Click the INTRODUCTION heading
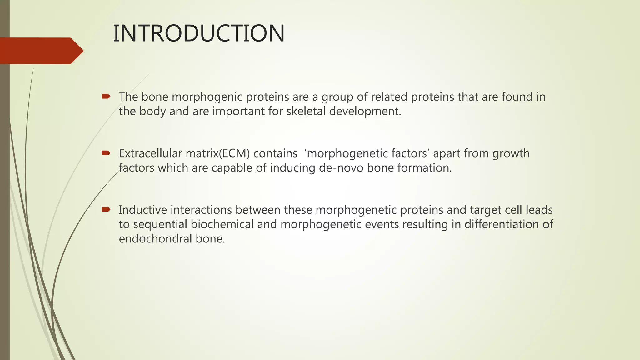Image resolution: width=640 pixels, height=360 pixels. coord(198,34)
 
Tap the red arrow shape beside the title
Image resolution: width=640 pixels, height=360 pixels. coord(41,51)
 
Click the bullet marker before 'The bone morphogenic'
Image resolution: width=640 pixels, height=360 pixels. coord(106,97)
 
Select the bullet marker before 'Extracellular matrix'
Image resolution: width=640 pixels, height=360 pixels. coord(106,153)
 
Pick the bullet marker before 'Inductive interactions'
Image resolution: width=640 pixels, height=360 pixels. coord(106,210)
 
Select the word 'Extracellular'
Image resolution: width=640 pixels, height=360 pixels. coord(150,154)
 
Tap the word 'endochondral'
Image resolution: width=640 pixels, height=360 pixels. coord(155,239)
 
